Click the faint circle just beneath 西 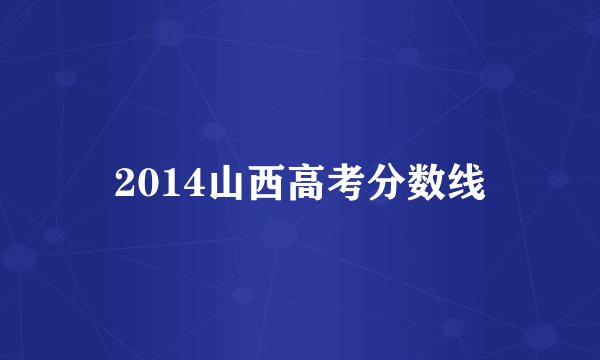coord(280,236)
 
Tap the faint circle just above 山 coord(213,130)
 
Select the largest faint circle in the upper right coord(497,75)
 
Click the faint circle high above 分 coord(407,55)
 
